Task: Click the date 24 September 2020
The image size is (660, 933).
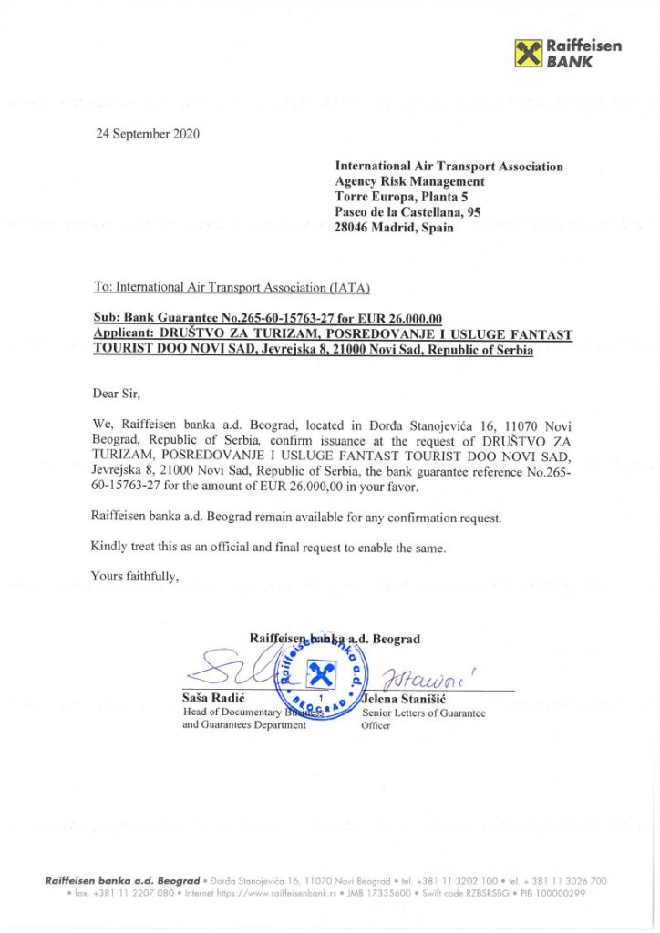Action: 148,134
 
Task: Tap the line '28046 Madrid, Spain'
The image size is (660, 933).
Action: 394,228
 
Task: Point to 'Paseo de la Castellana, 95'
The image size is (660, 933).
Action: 408,212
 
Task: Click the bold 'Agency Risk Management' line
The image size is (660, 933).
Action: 410,181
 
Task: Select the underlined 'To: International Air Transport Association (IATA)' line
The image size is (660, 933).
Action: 232,288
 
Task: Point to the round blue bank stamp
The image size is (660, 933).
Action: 322,677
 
